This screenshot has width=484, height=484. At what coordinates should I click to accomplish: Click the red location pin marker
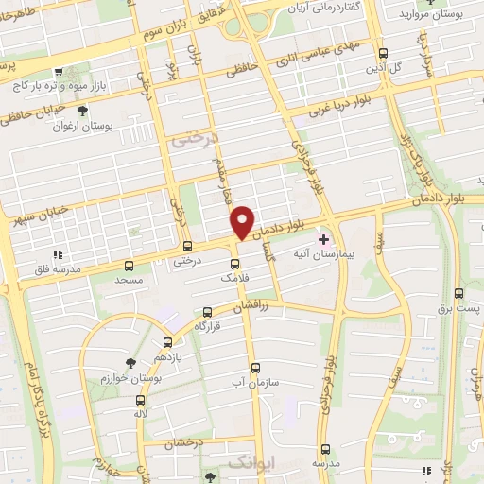pos(242,222)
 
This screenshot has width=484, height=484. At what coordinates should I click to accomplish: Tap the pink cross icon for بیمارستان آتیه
pos(324,238)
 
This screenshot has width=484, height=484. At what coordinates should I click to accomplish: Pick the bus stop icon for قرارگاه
pos(207,311)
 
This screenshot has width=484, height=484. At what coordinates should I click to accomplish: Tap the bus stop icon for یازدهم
pos(167,343)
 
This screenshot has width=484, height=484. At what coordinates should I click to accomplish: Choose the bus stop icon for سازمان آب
pos(255,368)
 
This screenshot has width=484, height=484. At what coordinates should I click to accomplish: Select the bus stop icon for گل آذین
pos(382,54)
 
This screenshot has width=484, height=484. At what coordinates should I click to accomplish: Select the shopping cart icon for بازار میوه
pos(59,72)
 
